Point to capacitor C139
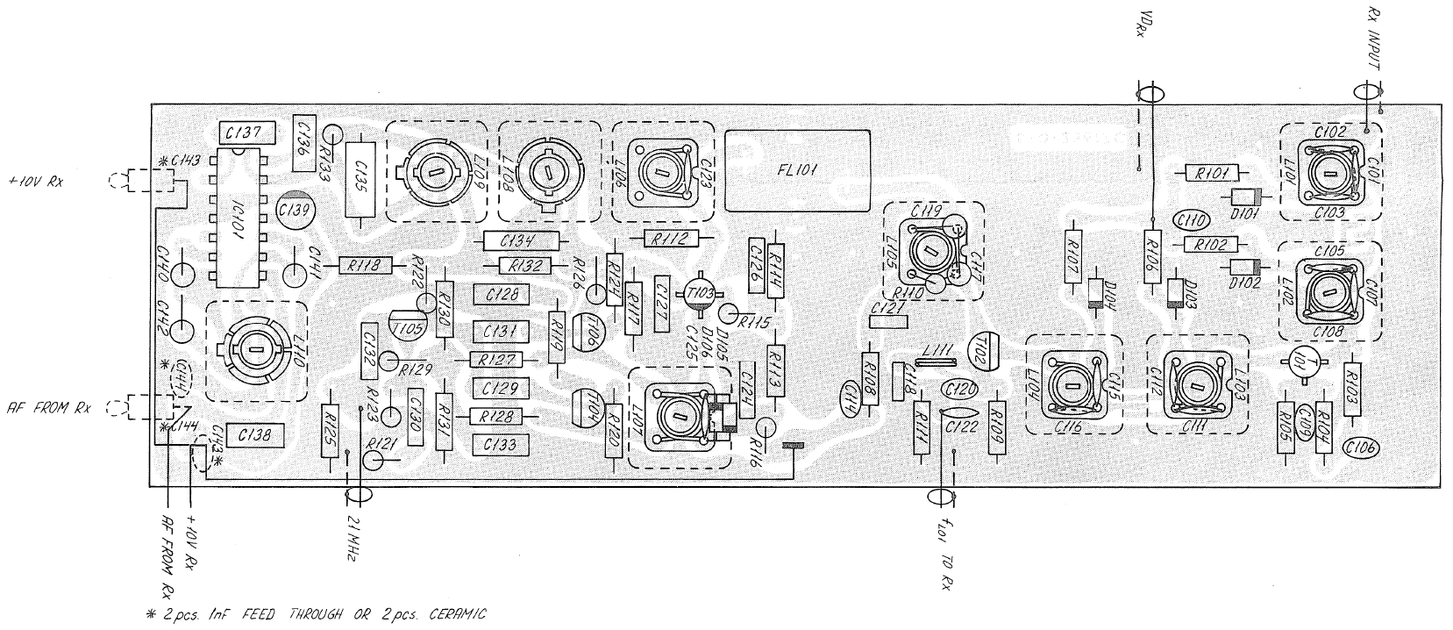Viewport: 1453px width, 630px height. pyautogui.click(x=294, y=210)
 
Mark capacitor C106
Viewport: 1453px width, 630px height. pyautogui.click(x=1360, y=447)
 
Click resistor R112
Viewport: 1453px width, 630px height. pyautogui.click(x=671, y=238)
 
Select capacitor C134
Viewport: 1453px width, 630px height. pyautogui.click(x=521, y=240)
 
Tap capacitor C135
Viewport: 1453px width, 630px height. pyautogui.click(x=359, y=180)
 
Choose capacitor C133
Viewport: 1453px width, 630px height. pyautogui.click(x=501, y=444)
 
